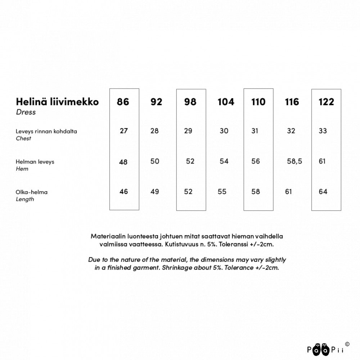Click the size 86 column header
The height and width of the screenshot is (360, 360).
tap(123, 102)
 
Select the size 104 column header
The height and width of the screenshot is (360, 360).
tap(226, 102)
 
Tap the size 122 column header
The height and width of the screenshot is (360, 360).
tap(326, 102)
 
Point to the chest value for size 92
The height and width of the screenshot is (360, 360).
tap(154, 131)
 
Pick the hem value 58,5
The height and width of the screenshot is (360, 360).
tap(294, 161)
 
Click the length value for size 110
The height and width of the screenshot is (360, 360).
tap(256, 192)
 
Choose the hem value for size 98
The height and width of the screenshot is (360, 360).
tap(190, 161)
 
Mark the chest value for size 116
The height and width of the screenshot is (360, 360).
tap(291, 131)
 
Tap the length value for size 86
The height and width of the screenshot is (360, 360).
tap(123, 192)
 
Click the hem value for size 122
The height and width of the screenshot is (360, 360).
tap(322, 161)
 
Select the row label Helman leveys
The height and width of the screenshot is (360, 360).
tap(35, 162)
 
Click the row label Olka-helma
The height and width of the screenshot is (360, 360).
tap(32, 192)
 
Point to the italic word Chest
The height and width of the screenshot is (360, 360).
tap(23, 139)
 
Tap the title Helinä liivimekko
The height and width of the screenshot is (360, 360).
tap(57, 102)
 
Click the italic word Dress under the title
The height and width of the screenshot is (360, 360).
tap(26, 112)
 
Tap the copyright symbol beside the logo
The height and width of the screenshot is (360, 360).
tap(347, 344)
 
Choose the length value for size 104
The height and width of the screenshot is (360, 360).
tap(222, 192)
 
